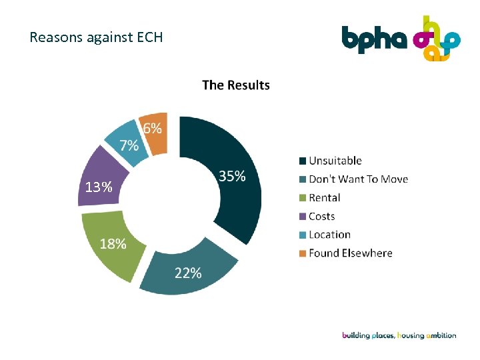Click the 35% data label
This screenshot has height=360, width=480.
(x=232, y=176)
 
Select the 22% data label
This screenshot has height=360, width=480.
(x=188, y=273)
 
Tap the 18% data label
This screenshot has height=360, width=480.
(x=113, y=243)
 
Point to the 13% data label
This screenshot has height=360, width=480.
(x=98, y=187)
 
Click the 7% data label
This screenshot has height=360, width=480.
(x=129, y=145)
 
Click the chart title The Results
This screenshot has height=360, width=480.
(x=236, y=85)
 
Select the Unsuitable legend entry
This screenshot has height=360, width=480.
(x=335, y=161)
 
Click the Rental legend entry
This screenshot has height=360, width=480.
(x=324, y=197)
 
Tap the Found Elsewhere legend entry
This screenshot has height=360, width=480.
(x=350, y=253)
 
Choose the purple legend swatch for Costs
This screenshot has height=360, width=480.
(x=303, y=216)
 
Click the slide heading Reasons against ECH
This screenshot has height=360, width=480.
(x=96, y=37)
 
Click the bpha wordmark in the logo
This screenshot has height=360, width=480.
(x=374, y=39)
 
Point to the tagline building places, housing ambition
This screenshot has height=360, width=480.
(x=399, y=335)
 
